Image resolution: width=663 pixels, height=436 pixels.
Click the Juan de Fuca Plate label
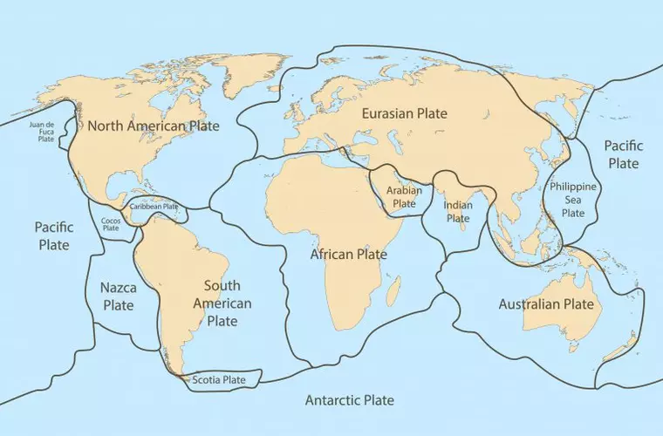(41, 132)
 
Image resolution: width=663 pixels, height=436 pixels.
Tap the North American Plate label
(154, 126)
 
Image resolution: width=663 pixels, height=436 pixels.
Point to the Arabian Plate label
(404, 196)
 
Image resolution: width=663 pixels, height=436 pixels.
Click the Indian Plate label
(458, 212)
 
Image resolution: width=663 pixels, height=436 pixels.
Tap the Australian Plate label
(546, 304)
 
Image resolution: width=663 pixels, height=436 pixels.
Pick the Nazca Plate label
(118, 296)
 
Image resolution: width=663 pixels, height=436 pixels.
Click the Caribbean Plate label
(154, 207)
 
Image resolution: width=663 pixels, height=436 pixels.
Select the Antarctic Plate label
(349, 400)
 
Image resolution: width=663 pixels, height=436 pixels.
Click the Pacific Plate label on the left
(52, 235)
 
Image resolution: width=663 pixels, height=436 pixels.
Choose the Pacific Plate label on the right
(623, 154)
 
